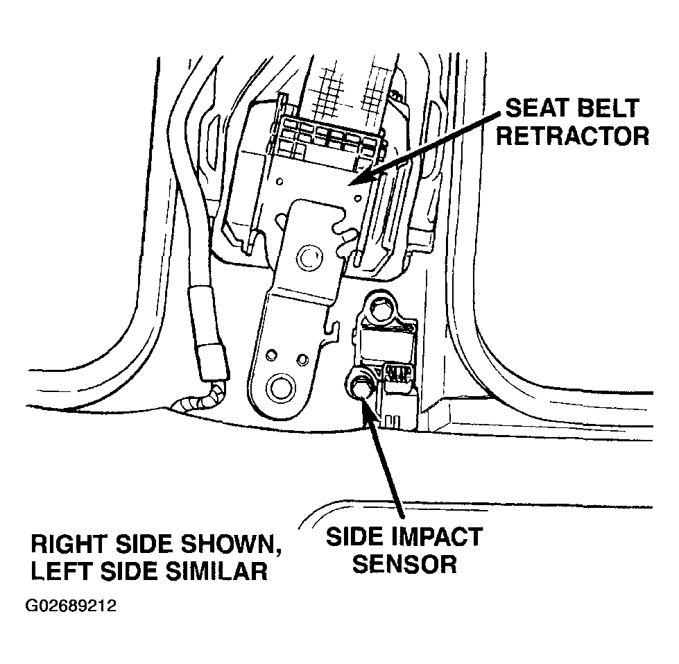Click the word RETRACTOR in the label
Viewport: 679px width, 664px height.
[x=572, y=137]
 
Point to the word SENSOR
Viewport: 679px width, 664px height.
[x=404, y=564]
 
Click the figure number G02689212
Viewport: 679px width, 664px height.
[x=71, y=605]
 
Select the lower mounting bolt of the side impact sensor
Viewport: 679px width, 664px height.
[x=359, y=384]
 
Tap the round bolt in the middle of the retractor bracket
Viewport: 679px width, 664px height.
[x=309, y=258]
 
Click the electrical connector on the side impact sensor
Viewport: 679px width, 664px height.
[x=397, y=373]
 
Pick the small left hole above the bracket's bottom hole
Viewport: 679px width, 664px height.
[x=271, y=356]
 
